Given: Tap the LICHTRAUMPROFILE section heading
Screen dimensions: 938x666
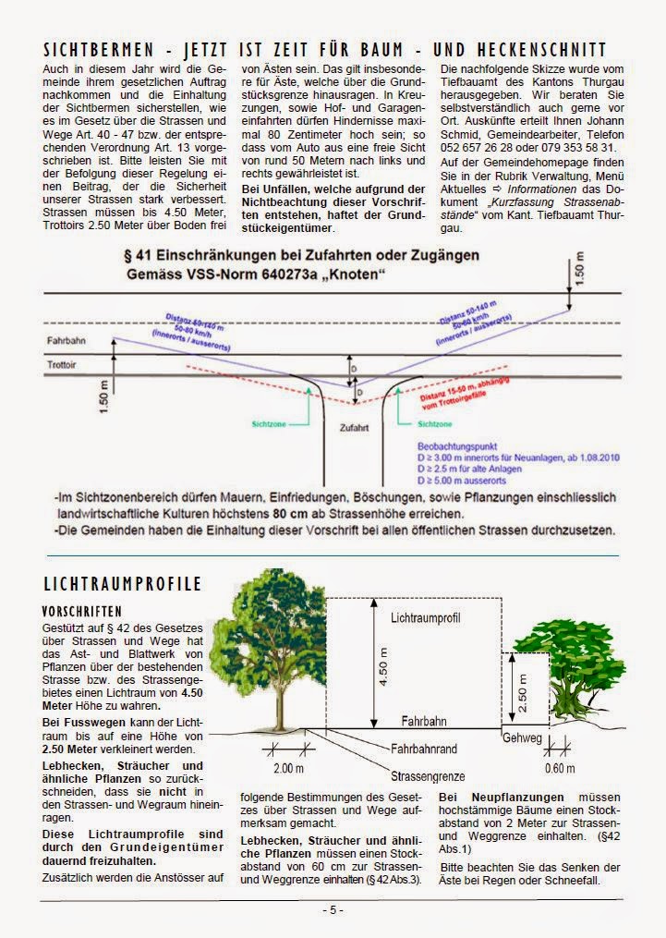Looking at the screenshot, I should (123, 584).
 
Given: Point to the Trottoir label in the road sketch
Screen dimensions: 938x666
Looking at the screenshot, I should (61, 367).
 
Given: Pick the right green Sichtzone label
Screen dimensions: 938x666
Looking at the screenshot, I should (435, 423).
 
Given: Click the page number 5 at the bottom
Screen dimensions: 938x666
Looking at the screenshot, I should (333, 909).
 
